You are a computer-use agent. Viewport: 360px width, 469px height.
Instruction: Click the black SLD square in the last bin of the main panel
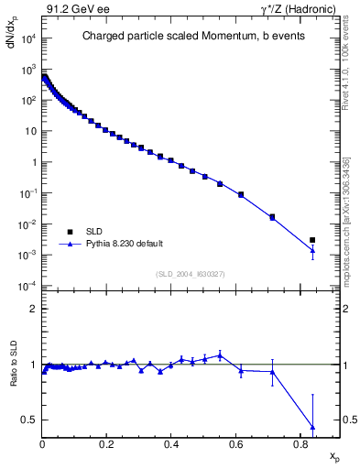[312, 240]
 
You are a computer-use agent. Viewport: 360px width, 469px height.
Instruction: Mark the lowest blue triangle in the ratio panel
[312, 427]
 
